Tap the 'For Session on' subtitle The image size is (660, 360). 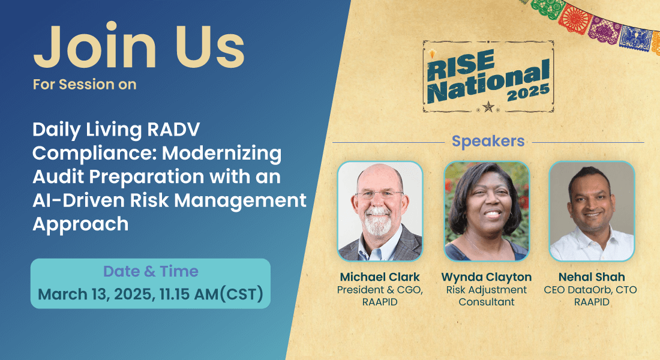coord(85,84)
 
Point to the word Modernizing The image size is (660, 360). coord(222,153)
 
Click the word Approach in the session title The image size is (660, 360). coord(80,224)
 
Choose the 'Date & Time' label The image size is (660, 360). coord(151,271)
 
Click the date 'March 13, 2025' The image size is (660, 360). coord(95,294)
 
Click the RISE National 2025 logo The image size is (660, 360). coord(488,77)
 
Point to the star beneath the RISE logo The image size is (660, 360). coord(488,107)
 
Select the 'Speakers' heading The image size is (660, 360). coord(488,141)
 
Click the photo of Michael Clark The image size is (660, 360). coord(380,211)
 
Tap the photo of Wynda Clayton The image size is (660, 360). coord(487,211)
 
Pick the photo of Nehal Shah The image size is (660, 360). coord(592,211)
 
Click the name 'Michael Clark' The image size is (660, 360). coord(380,277)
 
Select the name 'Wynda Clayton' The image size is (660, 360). coord(487,277)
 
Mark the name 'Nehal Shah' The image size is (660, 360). coord(592,277)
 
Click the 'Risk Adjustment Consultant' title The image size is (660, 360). coord(487,296)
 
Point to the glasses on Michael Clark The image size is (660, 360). coord(379,194)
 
